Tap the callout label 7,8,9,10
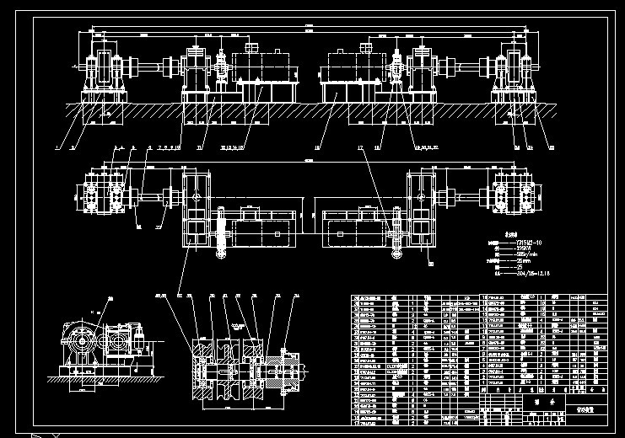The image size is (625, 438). (169, 147)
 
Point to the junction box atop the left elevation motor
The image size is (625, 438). (250, 47)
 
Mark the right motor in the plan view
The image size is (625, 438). (348, 223)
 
